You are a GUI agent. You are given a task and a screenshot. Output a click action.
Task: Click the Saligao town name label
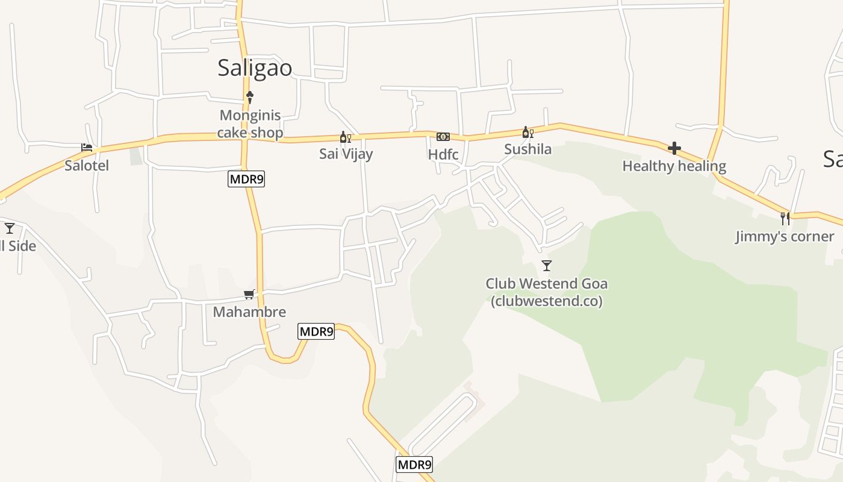pyautogui.click(x=255, y=67)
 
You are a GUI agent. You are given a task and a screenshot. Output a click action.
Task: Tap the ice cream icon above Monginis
pyautogui.click(x=250, y=97)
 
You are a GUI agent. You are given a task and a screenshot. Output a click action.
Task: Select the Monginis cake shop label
pyautogui.click(x=250, y=124)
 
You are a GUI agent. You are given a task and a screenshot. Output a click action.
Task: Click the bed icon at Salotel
pyautogui.click(x=87, y=148)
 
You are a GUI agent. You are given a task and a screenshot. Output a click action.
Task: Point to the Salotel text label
pyautogui.click(x=87, y=165)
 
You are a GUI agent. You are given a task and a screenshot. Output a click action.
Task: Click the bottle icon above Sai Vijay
pyautogui.click(x=346, y=137)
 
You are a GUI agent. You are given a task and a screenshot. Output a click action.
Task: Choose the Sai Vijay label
pyautogui.click(x=346, y=154)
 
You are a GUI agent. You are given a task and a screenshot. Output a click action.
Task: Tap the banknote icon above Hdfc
pyautogui.click(x=443, y=137)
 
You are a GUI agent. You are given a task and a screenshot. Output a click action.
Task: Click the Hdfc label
pyautogui.click(x=443, y=154)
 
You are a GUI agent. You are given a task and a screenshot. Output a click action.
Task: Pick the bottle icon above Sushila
pyautogui.click(x=527, y=133)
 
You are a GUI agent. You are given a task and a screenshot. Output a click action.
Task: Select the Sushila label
pyautogui.click(x=528, y=149)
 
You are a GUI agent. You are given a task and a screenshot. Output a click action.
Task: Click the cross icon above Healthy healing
pyautogui.click(x=674, y=148)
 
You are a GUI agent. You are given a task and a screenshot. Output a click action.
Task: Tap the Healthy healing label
pyautogui.click(x=674, y=166)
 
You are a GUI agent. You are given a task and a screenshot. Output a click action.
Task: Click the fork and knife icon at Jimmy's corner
pyautogui.click(x=785, y=218)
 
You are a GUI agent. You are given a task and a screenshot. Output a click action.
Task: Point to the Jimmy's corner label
pyautogui.click(x=785, y=236)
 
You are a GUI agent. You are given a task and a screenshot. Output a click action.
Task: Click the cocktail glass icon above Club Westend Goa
pyautogui.click(x=547, y=266)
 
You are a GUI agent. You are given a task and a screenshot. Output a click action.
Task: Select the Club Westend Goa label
pyautogui.click(x=547, y=292)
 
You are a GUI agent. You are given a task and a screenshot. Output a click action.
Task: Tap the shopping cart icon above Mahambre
pyautogui.click(x=249, y=295)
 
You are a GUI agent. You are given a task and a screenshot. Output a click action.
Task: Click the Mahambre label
pyautogui.click(x=249, y=312)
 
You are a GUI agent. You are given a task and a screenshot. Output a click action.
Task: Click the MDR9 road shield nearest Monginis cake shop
pyautogui.click(x=246, y=179)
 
